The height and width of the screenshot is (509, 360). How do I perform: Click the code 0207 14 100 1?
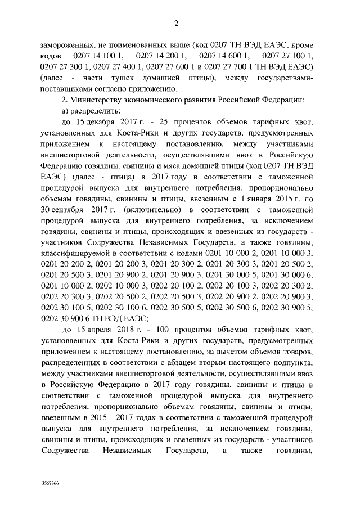tap(97, 57)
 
